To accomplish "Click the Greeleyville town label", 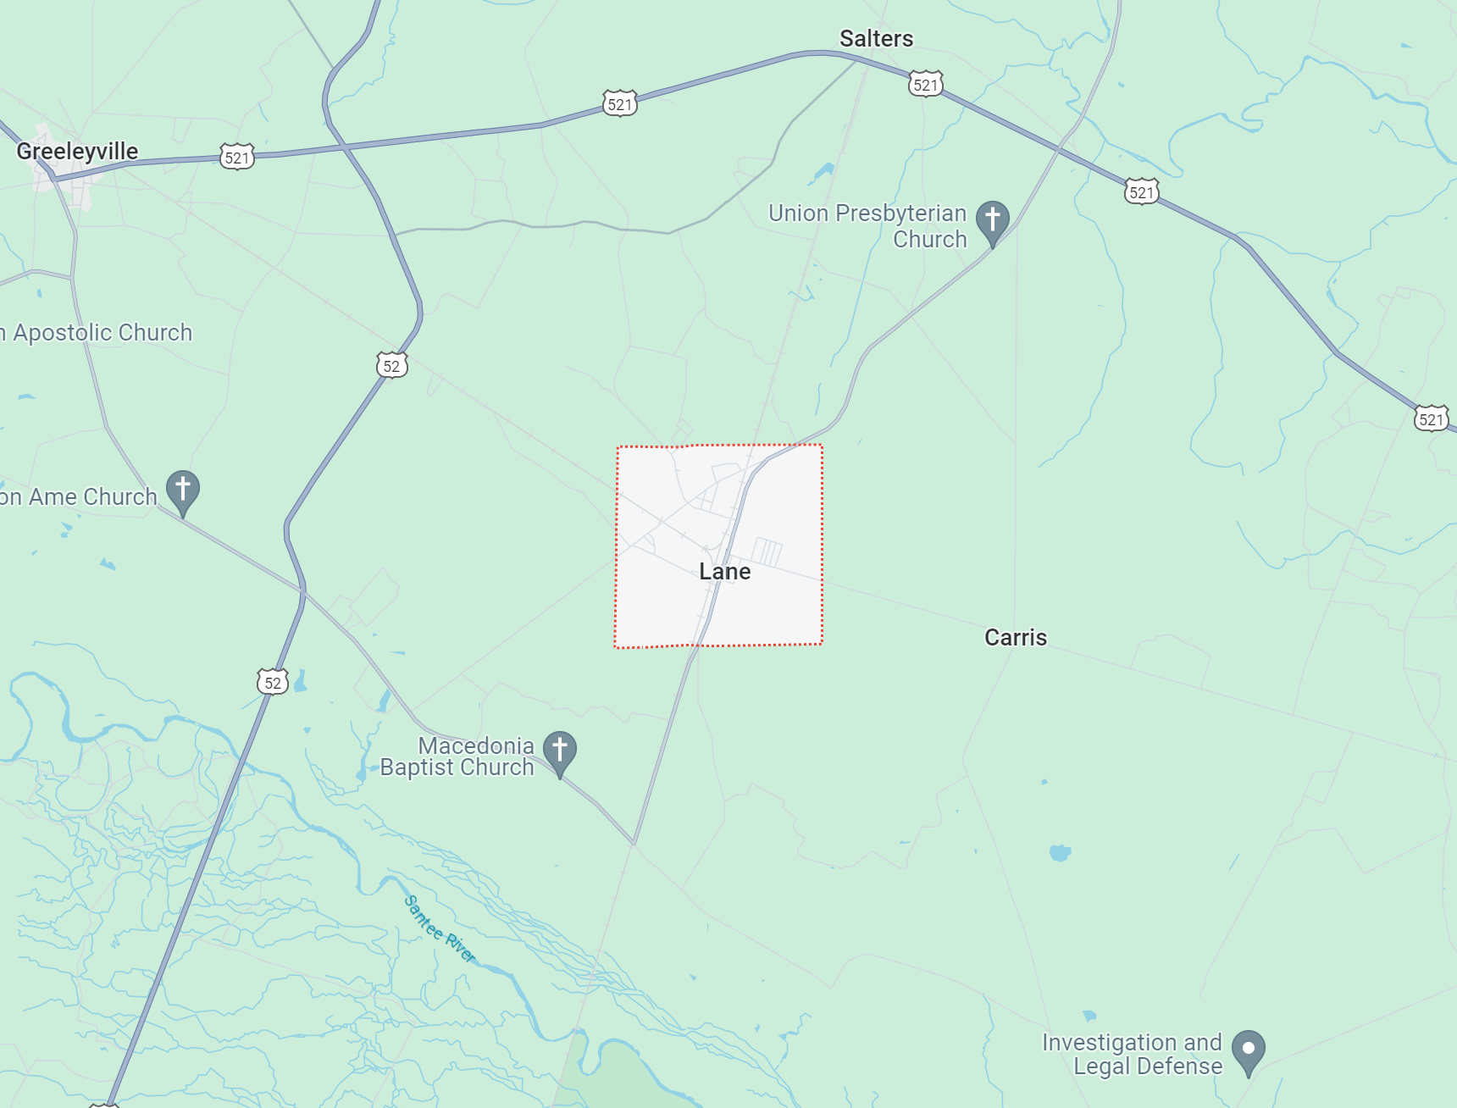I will (x=77, y=152).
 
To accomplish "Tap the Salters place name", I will (x=876, y=39).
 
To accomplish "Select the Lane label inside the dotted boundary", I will (x=724, y=572).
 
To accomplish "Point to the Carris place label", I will (x=1015, y=637).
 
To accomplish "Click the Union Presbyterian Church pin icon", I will (x=992, y=220).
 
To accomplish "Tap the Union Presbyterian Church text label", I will (x=867, y=226).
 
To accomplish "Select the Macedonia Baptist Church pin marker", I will (x=559, y=751).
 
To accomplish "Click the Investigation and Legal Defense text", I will (x=1132, y=1054).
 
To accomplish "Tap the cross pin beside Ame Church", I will (x=182, y=490).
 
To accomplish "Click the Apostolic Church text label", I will (x=97, y=333).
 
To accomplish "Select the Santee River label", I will (x=440, y=929).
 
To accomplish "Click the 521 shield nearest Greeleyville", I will (x=237, y=158).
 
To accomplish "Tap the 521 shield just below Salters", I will (x=925, y=85).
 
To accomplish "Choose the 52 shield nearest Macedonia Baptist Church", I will (x=273, y=683).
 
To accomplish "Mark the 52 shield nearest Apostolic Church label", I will (x=391, y=366).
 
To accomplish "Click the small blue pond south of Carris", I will (x=1060, y=852).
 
